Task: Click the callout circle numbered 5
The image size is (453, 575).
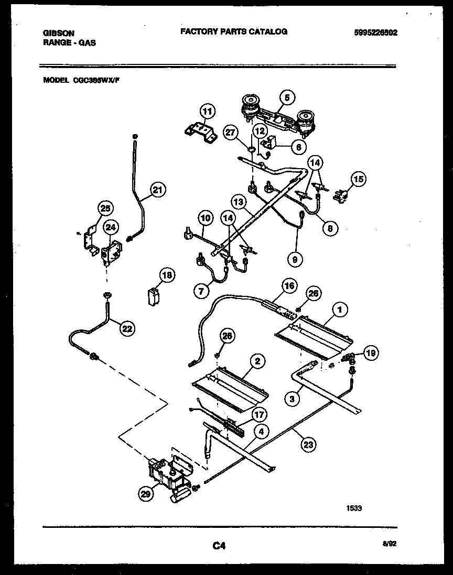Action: pyautogui.click(x=287, y=97)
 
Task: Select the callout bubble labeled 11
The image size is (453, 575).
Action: pyautogui.click(x=208, y=111)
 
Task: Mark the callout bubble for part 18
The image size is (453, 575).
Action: pyautogui.click(x=167, y=275)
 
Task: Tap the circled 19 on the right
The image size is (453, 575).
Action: pyautogui.click(x=370, y=353)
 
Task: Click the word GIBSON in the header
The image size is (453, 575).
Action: pyautogui.click(x=58, y=32)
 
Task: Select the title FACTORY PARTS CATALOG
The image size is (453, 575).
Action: pyautogui.click(x=234, y=31)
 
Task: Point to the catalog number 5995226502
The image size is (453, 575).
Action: pyautogui.click(x=376, y=32)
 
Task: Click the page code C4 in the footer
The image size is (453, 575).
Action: pyautogui.click(x=219, y=546)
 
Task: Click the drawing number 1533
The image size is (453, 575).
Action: pyautogui.click(x=354, y=507)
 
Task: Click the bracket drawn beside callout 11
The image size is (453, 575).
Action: pyautogui.click(x=199, y=130)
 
